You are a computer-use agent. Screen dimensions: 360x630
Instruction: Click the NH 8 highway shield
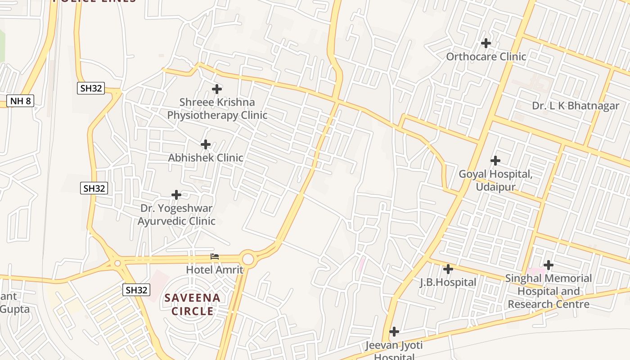point(21,101)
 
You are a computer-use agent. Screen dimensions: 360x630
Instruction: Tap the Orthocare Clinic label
point(486,57)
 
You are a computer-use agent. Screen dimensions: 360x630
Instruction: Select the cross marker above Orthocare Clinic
point(486,43)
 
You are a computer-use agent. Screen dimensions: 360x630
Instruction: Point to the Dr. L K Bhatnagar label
point(576,106)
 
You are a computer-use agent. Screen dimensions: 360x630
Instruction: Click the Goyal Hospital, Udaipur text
point(495,180)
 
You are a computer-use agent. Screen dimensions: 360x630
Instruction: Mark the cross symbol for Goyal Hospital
point(495,161)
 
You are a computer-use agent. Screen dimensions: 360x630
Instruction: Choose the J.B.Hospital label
point(448,283)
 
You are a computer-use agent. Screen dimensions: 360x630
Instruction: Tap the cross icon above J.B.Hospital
point(448,269)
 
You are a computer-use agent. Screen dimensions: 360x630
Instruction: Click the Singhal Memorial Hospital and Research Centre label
point(549,291)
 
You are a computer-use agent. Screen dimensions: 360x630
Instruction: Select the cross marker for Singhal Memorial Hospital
point(549,265)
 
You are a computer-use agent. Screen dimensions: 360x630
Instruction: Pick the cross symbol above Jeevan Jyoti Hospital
point(394,332)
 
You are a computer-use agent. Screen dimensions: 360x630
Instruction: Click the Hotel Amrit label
point(215,270)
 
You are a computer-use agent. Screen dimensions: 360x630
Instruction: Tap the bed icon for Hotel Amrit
point(215,257)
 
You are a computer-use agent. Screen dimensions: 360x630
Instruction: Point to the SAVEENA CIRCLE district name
point(192,304)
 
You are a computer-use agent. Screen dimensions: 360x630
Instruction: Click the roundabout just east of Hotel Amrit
point(248,259)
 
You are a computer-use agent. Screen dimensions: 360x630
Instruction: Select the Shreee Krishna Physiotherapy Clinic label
point(217,109)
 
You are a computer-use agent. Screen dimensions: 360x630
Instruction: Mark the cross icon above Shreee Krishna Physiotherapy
point(217,89)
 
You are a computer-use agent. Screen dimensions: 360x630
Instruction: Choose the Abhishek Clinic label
point(206,158)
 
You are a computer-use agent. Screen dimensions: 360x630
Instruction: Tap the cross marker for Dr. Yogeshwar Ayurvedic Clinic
point(176,195)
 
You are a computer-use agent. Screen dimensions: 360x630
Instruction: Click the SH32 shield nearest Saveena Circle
point(136,290)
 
